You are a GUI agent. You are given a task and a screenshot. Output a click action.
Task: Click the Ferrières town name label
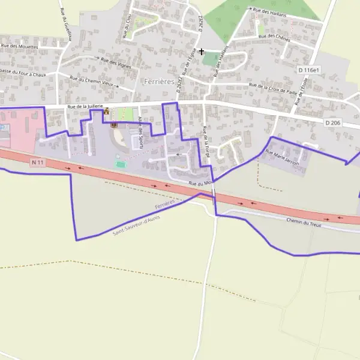point(158,80)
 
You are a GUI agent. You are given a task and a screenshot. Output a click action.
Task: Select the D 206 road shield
point(332,122)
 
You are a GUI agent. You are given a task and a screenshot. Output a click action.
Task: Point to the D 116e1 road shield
point(309,70)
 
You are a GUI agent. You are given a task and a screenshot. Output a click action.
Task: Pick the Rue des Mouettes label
point(20,46)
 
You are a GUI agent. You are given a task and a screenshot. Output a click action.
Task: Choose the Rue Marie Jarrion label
point(282,161)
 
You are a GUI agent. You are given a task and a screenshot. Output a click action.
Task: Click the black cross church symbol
point(202,52)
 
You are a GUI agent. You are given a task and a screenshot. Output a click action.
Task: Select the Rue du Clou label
point(128,26)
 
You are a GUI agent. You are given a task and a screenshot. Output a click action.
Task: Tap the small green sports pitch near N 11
point(121,163)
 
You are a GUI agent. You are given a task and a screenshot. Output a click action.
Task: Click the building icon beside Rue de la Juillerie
point(107,111)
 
